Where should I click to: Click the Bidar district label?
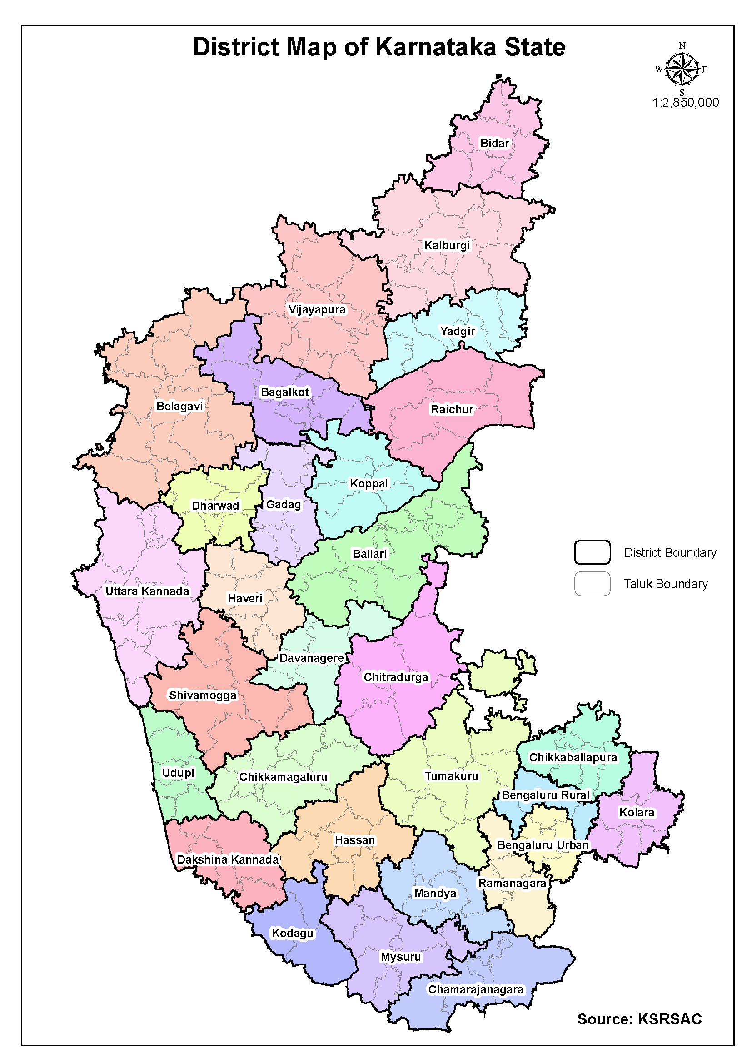click(x=494, y=143)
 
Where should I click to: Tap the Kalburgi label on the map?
click(x=447, y=245)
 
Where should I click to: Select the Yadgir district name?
click(x=458, y=331)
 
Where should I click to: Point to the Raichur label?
click(x=452, y=409)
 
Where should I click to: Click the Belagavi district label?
click(x=179, y=406)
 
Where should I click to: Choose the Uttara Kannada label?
click(x=147, y=591)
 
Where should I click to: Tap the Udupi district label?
click(x=178, y=773)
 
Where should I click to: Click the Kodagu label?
click(x=292, y=933)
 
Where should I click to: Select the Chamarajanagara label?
click(x=476, y=989)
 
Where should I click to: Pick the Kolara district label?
click(x=637, y=813)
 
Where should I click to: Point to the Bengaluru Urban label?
click(x=542, y=845)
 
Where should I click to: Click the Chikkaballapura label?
click(x=573, y=757)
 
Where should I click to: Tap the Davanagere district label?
click(x=311, y=658)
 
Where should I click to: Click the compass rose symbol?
click(x=682, y=70)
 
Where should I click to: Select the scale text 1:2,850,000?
click(x=685, y=102)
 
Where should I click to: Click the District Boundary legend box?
click(x=592, y=552)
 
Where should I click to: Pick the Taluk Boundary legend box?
click(x=592, y=584)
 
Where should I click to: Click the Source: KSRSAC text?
click(x=639, y=1019)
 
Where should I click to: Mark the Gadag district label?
click(x=284, y=504)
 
